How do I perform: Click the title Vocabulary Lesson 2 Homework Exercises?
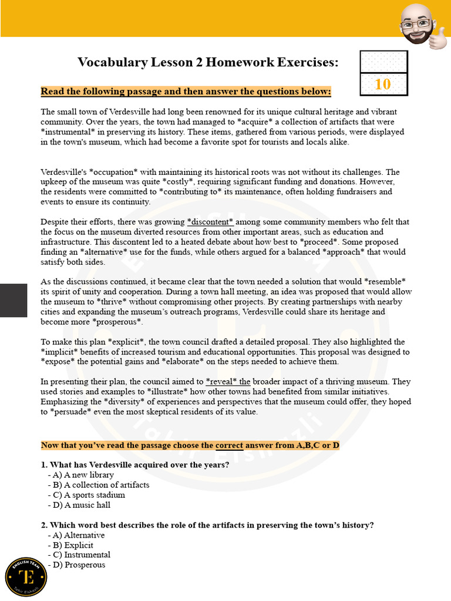point(208,62)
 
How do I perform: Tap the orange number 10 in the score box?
point(383,84)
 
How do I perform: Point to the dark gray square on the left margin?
point(14,300)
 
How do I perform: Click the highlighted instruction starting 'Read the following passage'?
point(186,92)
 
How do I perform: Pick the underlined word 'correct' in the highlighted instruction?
point(230,445)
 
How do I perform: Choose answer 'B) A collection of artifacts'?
point(100,485)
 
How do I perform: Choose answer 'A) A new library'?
point(83,475)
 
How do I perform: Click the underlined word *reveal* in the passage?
point(221,381)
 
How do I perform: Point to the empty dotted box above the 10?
point(383,62)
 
